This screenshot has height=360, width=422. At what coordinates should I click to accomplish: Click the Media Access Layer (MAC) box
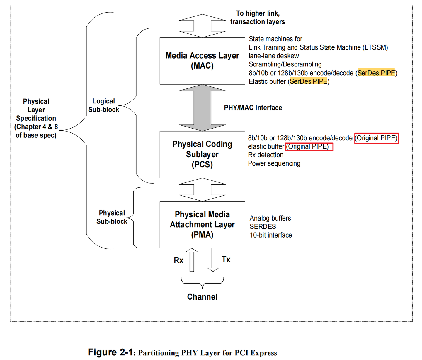pos(202,61)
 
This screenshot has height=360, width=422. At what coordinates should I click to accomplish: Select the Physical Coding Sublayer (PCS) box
pos(202,154)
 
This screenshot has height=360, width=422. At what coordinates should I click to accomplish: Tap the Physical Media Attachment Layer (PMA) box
pos(202,225)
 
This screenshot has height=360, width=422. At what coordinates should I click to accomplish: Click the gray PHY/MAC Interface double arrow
pos(202,108)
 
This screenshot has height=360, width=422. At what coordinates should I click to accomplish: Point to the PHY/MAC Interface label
pos(253,108)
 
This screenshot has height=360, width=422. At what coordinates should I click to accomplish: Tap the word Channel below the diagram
pos(202,297)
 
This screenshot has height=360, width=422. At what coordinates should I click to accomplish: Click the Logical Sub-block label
pos(104,105)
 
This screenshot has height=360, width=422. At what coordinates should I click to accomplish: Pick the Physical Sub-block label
pos(112,217)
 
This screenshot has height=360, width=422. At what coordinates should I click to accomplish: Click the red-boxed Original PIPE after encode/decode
pos(376,138)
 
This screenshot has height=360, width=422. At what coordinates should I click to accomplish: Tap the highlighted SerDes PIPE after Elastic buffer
pos(309,81)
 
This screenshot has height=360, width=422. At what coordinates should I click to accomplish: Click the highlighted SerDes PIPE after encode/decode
pos(376,73)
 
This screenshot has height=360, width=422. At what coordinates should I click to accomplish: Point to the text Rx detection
pos(266,155)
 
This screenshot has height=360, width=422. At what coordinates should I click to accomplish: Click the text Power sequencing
pos(274,163)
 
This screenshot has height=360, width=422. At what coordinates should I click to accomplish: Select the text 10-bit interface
pos(271,235)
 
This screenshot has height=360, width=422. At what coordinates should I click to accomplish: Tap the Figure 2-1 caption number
pos(111,352)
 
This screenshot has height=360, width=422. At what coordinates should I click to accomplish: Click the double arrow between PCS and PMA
pos(202,190)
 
